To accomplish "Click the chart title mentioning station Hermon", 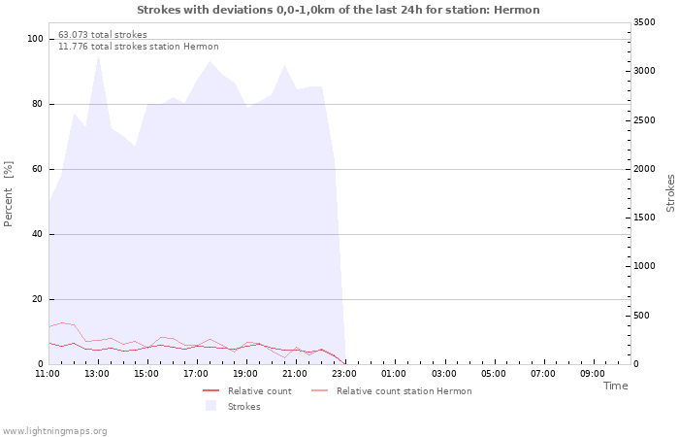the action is pos(339,10).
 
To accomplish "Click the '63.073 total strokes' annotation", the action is pos(103,35).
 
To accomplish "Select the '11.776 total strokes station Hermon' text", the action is pos(139,47).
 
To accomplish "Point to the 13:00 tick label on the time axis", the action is pos(97,374).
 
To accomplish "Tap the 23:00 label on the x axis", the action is pos(344,374).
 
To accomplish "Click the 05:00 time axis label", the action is pos(493,374).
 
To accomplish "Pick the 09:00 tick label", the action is pos(593,374).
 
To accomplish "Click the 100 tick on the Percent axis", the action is pos(35,39).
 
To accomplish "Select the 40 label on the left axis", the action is pos(38,235).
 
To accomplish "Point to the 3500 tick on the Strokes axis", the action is pos(644,22).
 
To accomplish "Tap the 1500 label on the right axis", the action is pos(644,218).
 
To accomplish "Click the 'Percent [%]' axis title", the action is pos(8,194).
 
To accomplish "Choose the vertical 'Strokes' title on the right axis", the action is pos(670,193).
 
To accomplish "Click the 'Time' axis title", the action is pos(615,386).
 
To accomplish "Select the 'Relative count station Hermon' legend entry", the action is pos(392,391).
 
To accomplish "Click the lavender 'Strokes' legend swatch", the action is pos(210,406).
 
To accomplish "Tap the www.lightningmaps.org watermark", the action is pos(54,431).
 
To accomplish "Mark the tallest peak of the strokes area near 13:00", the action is pos(98,55).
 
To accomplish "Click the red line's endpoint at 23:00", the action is pos(345,364).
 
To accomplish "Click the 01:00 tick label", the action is pos(394,374).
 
